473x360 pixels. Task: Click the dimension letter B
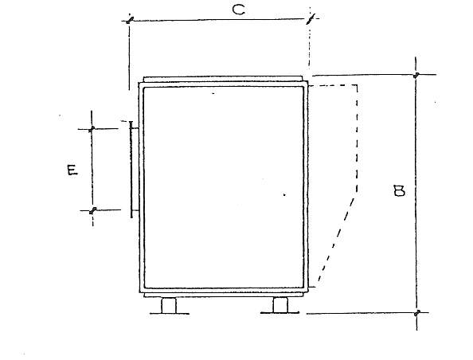400,191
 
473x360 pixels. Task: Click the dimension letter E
72,170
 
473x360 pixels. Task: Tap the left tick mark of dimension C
130,20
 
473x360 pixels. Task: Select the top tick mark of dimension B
416,75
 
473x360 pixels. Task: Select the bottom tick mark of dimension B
417,313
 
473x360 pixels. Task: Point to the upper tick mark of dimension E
92,129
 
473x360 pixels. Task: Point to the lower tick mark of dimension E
93,210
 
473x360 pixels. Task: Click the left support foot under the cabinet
169,306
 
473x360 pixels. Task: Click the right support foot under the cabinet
280,305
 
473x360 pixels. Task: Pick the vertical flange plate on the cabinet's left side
131,170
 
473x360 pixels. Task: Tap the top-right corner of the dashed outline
358,85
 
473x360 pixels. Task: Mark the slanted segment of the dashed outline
336,239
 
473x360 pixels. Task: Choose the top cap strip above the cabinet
223,79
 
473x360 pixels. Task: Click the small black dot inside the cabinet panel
284,194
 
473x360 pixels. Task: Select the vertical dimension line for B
416,193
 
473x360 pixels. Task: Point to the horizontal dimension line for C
221,20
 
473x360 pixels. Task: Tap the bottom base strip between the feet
224,295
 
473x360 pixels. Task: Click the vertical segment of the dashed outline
357,139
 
